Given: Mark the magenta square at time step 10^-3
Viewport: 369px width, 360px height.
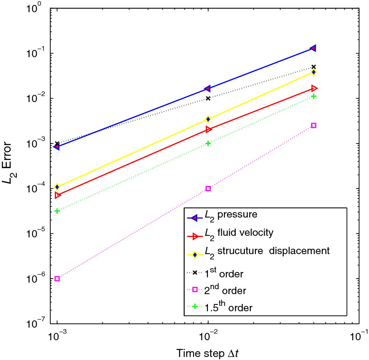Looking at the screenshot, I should [x=57, y=279].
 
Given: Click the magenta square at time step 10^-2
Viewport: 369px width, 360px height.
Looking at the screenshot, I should [x=208, y=189].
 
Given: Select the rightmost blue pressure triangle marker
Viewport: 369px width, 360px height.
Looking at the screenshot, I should [x=313, y=48].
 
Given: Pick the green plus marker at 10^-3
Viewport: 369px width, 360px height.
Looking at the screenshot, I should [x=57, y=211].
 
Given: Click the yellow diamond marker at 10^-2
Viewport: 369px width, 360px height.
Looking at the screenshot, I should [x=208, y=119].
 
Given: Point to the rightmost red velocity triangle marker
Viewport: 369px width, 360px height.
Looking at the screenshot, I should [x=314, y=88].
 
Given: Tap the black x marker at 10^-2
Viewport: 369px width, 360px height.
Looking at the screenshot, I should [x=208, y=98].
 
